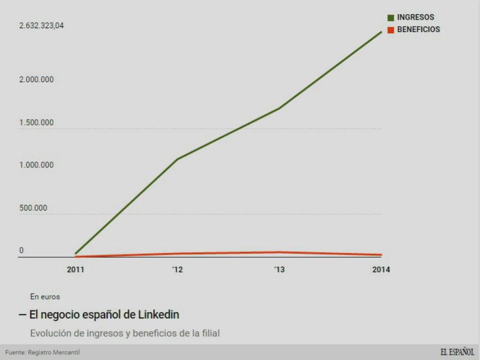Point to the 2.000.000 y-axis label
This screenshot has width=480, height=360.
35,79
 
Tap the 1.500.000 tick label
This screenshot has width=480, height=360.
35,123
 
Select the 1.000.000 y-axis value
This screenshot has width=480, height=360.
35,165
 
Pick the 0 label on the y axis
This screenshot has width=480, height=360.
22,251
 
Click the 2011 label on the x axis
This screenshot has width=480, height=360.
75,269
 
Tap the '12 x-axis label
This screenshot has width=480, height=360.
177,269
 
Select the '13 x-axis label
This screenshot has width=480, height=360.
279,269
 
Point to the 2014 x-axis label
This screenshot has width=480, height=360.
381,269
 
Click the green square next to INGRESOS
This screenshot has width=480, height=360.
391,18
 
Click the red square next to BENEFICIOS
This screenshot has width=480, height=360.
391,30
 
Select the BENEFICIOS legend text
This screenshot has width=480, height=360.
418,30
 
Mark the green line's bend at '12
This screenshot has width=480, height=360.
178,159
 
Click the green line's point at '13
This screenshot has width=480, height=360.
279,108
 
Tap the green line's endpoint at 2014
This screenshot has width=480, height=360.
382,32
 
